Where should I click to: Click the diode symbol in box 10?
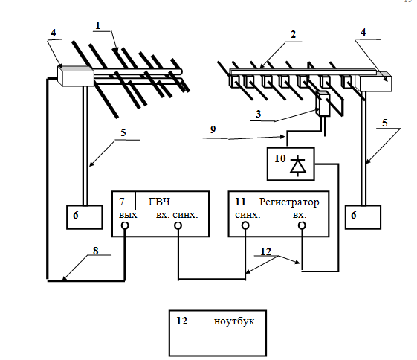point(297,166)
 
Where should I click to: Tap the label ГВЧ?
point(159,202)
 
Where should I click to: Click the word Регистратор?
point(289,202)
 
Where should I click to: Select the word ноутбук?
point(234,321)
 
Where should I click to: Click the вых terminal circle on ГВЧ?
point(125,225)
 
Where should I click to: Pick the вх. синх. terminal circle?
point(178,225)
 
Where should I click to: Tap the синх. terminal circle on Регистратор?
point(245,225)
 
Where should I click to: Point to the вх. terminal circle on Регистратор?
point(302,225)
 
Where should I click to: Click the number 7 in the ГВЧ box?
point(122,202)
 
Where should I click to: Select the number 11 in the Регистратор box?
point(240,202)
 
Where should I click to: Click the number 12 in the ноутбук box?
point(181,321)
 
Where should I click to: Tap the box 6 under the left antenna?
point(85,217)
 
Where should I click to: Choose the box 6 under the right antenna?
point(363,217)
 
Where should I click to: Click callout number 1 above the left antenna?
point(98,25)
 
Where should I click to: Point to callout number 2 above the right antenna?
point(293,35)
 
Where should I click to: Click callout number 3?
point(258,114)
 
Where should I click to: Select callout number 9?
point(213,129)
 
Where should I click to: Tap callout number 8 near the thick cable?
point(95,251)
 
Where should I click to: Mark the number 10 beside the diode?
point(279,158)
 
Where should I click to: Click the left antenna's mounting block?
point(76,76)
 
